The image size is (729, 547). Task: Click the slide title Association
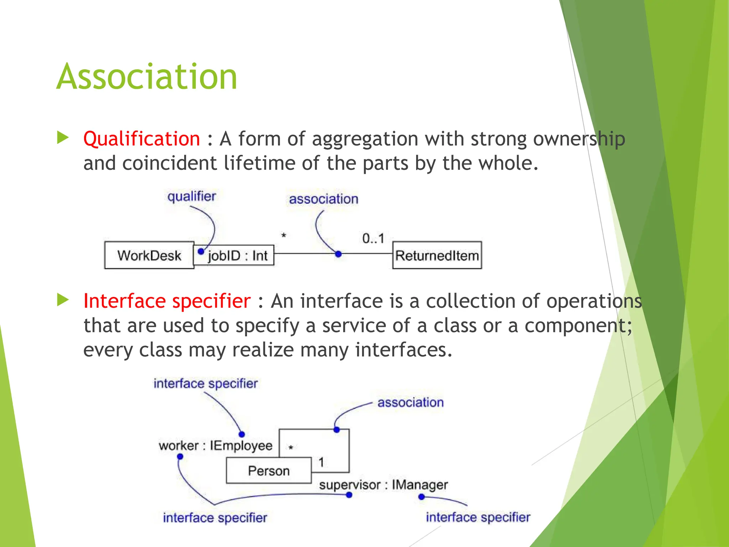[x=147, y=77]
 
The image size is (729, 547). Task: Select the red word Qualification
[x=142, y=139]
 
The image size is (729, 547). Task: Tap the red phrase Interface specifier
[x=167, y=301]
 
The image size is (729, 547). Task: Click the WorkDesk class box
[x=149, y=255]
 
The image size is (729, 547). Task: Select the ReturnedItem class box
[x=437, y=255]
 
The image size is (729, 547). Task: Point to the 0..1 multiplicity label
[x=373, y=238]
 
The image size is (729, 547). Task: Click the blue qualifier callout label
[x=192, y=196]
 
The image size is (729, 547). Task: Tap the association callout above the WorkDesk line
[x=323, y=199]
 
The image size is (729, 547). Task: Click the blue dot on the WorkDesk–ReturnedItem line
[x=339, y=254]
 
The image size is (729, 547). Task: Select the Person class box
[x=269, y=471]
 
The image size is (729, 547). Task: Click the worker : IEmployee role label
[x=215, y=446]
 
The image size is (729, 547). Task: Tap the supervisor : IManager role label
[x=383, y=485]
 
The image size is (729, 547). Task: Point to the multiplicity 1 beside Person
[x=321, y=462]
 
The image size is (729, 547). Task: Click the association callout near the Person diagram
[x=410, y=402]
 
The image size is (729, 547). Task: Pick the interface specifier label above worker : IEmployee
[x=205, y=384]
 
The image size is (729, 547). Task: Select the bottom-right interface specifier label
[x=478, y=517]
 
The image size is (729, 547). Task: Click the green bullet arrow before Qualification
[x=63, y=138]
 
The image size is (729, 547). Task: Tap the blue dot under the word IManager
[x=421, y=496]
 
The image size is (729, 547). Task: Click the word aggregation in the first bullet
[x=365, y=139]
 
